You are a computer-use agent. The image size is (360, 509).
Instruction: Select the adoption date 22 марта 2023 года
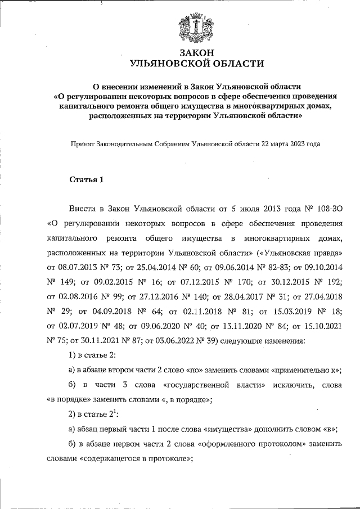(x=291, y=143)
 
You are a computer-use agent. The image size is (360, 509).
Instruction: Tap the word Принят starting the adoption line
(x=81, y=143)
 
